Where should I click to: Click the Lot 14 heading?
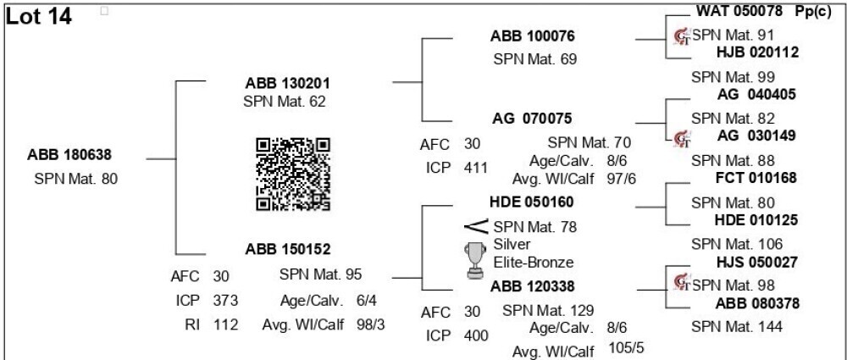click(38, 16)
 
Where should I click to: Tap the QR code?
click(293, 174)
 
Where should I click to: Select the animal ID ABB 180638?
click(69, 155)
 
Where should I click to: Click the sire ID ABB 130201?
click(287, 83)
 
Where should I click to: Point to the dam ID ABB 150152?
click(288, 250)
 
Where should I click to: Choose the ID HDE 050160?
click(532, 202)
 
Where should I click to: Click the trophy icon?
click(475, 260)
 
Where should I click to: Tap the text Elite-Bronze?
click(533, 263)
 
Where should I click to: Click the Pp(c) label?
click(813, 11)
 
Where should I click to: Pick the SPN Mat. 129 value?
click(548, 311)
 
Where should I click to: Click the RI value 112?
click(225, 324)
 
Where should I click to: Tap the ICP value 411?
click(475, 168)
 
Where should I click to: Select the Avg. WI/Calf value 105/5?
click(627, 347)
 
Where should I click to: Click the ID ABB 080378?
click(757, 303)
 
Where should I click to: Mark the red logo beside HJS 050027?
click(682, 282)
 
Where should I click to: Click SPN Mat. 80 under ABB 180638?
click(75, 179)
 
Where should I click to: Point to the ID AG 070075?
click(532, 119)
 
